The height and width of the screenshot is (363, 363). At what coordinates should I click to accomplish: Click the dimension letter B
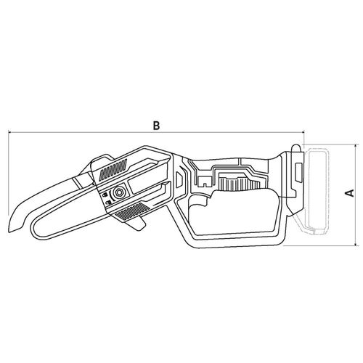point(156,126)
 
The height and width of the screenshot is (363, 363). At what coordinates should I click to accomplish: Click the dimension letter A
point(349,193)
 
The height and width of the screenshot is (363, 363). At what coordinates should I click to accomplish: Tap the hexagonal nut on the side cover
point(119,192)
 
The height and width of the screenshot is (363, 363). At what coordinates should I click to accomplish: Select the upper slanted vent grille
point(113,169)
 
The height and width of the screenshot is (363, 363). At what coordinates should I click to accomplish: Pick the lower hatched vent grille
point(132,211)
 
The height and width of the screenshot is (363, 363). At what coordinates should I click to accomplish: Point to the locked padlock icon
point(106,195)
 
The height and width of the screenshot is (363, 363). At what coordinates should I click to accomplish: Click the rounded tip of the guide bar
point(34,227)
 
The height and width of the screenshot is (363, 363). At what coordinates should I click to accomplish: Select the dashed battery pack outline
point(318,191)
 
